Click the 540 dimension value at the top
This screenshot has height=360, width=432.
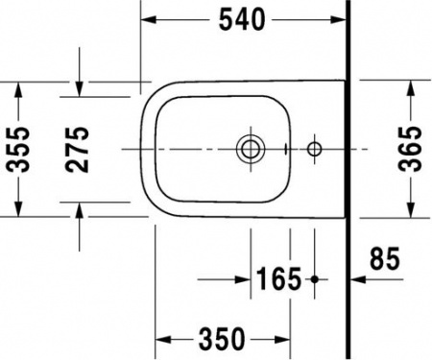click(243, 18)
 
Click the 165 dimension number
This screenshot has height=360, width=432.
click(279, 280)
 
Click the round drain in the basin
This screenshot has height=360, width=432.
click(249, 149)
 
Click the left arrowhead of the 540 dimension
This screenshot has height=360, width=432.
click(150, 18)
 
